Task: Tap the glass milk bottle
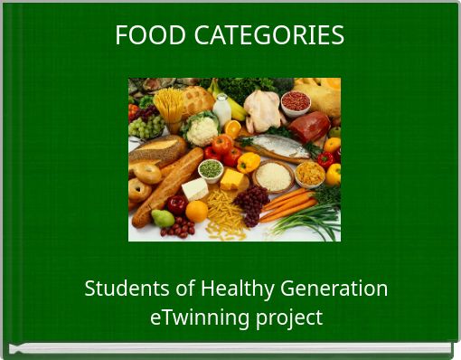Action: point(221,110)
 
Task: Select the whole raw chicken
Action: point(263,109)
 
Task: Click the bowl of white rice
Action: point(274,175)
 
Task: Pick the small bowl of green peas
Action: point(211,169)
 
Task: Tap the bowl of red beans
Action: point(296,101)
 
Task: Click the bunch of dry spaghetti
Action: point(169,102)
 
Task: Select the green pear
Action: point(164,218)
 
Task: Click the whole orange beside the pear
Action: point(196,211)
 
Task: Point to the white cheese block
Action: point(195,189)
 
